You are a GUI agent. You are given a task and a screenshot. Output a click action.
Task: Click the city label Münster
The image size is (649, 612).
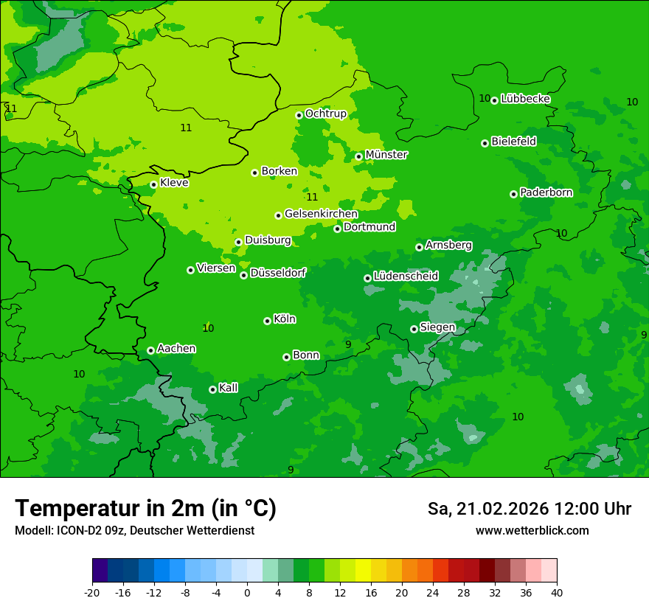click(x=386, y=155)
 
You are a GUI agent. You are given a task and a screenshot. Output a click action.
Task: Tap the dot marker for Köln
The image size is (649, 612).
click(x=267, y=321)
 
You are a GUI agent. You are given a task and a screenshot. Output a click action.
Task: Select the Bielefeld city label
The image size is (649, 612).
click(x=513, y=141)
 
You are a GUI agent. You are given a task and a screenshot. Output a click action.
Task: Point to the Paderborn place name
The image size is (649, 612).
click(x=546, y=192)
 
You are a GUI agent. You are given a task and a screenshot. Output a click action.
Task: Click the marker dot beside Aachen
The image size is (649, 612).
click(x=150, y=350)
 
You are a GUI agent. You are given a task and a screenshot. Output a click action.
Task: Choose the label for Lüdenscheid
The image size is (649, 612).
click(x=406, y=277)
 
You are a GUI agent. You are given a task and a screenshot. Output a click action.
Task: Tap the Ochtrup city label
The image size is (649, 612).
click(x=325, y=114)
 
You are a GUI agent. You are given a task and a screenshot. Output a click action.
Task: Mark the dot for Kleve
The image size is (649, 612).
click(x=153, y=184)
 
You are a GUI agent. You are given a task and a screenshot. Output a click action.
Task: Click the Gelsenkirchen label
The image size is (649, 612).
click(x=321, y=214)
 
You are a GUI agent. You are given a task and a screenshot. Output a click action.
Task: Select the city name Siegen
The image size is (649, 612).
click(x=437, y=327)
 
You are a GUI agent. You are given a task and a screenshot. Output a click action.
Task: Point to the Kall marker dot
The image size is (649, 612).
click(x=212, y=389)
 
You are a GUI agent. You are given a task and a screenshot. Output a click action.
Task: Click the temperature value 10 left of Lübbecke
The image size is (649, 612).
click(x=485, y=98)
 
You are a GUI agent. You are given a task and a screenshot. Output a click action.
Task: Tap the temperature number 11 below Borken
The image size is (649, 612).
click(x=312, y=197)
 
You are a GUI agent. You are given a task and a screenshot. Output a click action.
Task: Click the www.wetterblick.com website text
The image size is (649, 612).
click(x=532, y=531)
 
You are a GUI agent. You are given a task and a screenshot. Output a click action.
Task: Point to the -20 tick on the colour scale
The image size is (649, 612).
click(x=92, y=593)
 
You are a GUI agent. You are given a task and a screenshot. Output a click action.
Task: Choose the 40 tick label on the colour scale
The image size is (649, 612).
click(x=557, y=593)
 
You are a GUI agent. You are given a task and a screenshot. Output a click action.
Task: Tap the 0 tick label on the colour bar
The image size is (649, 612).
click(x=247, y=593)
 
